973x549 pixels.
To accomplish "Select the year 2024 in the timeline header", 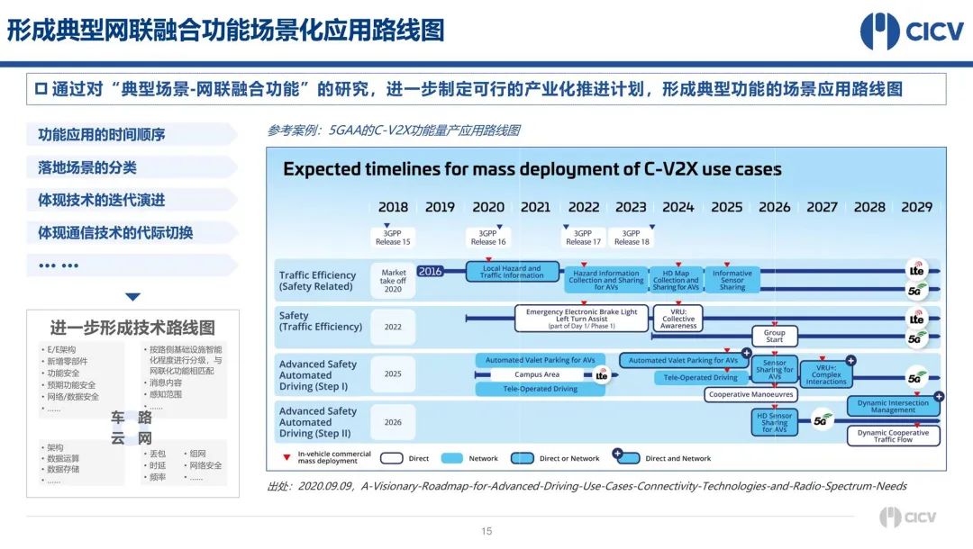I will click(677, 207).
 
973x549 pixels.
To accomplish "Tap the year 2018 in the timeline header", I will click(393, 207).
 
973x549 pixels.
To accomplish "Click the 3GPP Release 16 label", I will click(488, 238).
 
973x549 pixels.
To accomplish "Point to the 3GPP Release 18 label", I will click(632, 238).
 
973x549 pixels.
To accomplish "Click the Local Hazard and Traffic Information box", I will click(511, 272).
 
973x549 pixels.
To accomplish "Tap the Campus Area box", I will click(537, 374).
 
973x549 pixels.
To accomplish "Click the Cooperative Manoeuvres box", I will click(750, 394).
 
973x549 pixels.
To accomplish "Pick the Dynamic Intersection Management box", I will click(893, 407).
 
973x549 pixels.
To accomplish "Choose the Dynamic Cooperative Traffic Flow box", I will click(892, 436).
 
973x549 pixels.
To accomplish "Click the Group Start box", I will click(774, 337).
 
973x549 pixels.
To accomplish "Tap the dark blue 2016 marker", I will click(431, 271).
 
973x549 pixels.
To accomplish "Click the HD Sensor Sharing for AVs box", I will click(774, 423).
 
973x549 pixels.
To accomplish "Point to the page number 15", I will click(486, 531).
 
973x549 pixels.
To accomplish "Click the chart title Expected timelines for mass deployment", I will click(532, 169).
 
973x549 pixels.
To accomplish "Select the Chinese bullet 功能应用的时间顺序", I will click(101, 135).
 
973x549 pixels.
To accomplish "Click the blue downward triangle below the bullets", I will click(132, 297).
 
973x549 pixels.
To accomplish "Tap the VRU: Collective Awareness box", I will click(678, 319).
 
